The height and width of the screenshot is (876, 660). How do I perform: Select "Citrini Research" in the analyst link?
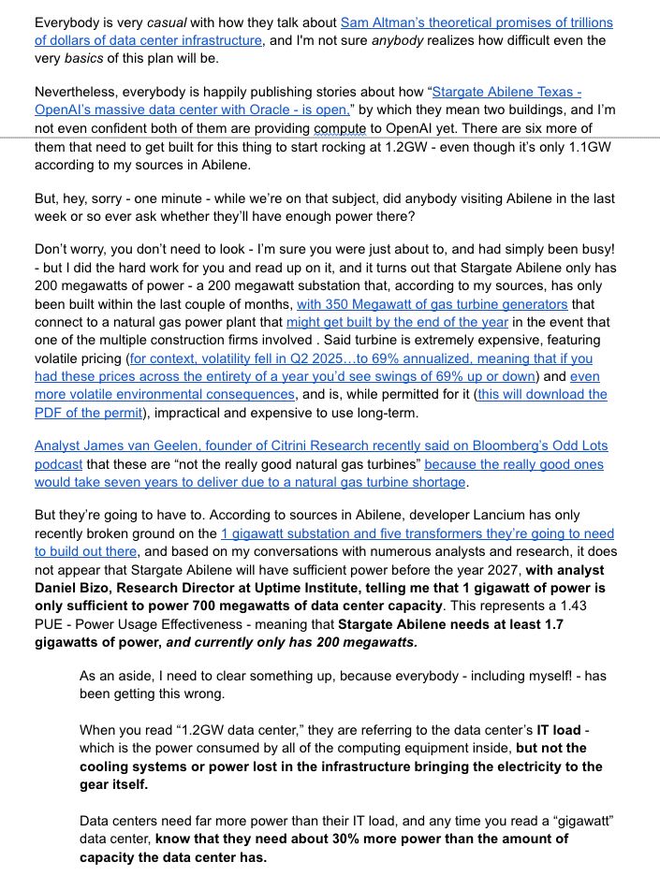310,446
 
